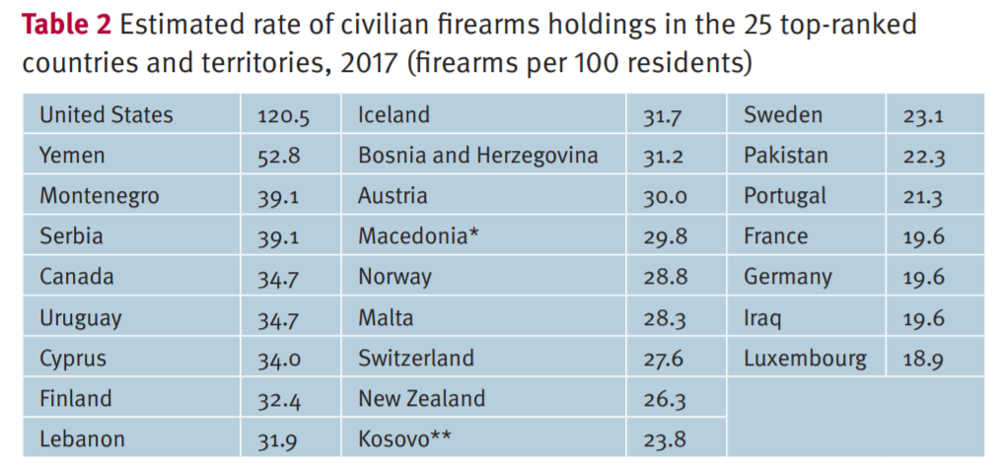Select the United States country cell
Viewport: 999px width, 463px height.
click(106, 115)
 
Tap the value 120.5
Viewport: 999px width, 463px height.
click(283, 117)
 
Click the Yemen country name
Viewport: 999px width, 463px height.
click(72, 156)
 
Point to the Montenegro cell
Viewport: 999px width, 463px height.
click(99, 196)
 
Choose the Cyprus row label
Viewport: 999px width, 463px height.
click(73, 359)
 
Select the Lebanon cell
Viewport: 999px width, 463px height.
click(82, 439)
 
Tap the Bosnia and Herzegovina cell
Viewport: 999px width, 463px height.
click(477, 156)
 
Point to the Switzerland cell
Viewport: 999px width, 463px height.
click(415, 358)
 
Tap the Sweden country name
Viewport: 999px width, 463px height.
click(782, 115)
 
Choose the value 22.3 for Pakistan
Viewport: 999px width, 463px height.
click(923, 157)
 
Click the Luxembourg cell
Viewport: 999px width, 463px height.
click(805, 359)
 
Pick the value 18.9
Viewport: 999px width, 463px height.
click(923, 360)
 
